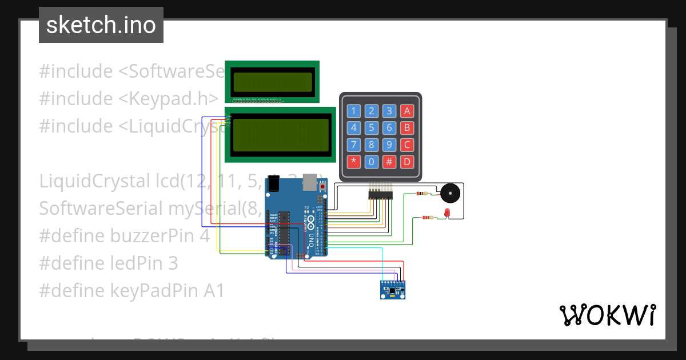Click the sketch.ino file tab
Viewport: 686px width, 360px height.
[x=101, y=25]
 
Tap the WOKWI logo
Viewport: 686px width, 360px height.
[x=607, y=315]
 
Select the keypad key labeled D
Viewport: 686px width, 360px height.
[x=406, y=161]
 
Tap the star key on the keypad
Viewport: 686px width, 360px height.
[x=354, y=161]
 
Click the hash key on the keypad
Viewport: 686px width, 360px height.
[x=389, y=161]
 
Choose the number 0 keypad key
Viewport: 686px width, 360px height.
[x=372, y=161]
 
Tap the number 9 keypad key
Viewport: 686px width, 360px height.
[x=389, y=145]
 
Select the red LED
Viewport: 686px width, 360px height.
[x=447, y=214]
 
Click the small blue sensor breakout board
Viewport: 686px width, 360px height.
[x=394, y=290]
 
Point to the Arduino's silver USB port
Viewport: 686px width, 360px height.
[x=309, y=181]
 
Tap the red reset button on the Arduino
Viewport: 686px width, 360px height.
[x=322, y=187]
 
